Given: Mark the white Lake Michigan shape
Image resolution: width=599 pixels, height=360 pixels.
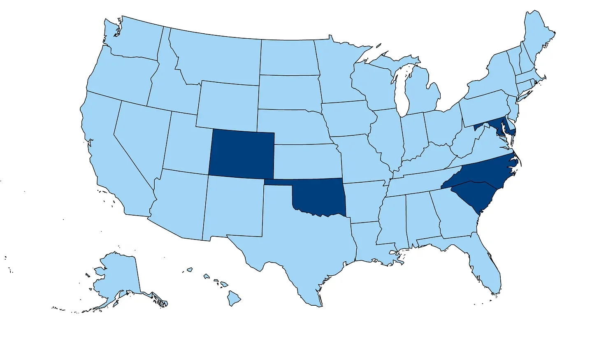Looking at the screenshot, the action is pyautogui.click(x=402, y=91).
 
